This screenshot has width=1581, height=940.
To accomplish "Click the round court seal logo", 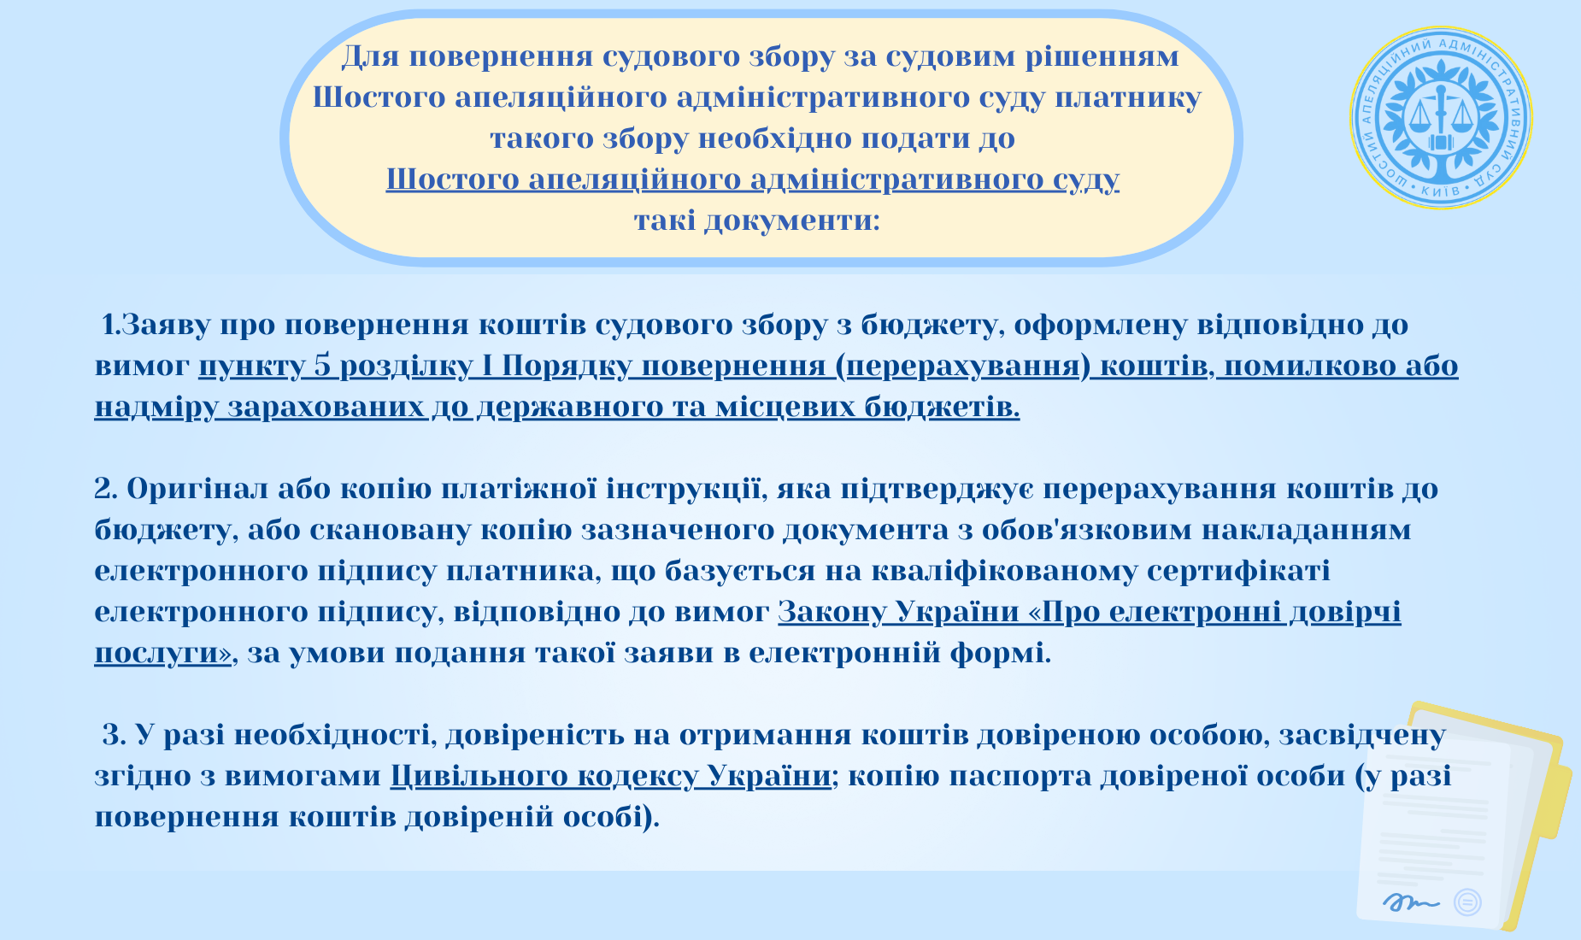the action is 1441,117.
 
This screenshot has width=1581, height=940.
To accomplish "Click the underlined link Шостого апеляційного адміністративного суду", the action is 753,179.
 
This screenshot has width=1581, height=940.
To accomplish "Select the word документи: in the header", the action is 792,220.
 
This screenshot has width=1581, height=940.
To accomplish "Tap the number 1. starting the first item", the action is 111,325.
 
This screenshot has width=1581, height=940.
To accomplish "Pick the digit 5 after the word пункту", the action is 322,366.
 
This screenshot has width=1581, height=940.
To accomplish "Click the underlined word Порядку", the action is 567,366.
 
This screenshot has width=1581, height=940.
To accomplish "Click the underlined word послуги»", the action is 162,653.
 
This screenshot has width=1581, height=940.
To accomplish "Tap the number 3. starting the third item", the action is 115,735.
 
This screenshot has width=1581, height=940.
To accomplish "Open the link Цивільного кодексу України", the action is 611,776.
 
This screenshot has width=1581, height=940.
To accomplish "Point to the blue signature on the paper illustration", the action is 1411,901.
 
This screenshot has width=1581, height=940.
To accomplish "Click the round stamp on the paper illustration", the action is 1467,902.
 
